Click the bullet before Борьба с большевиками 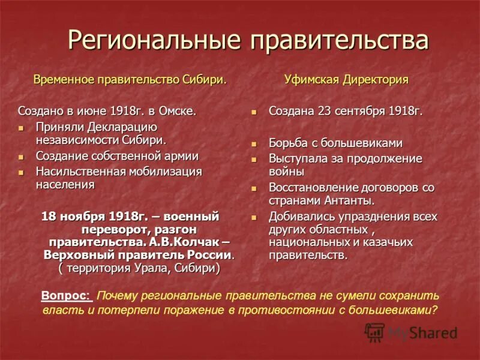pos(254,144)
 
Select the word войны pos(285,172)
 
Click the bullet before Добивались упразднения pos(254,217)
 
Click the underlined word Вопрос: pos(67,295)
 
